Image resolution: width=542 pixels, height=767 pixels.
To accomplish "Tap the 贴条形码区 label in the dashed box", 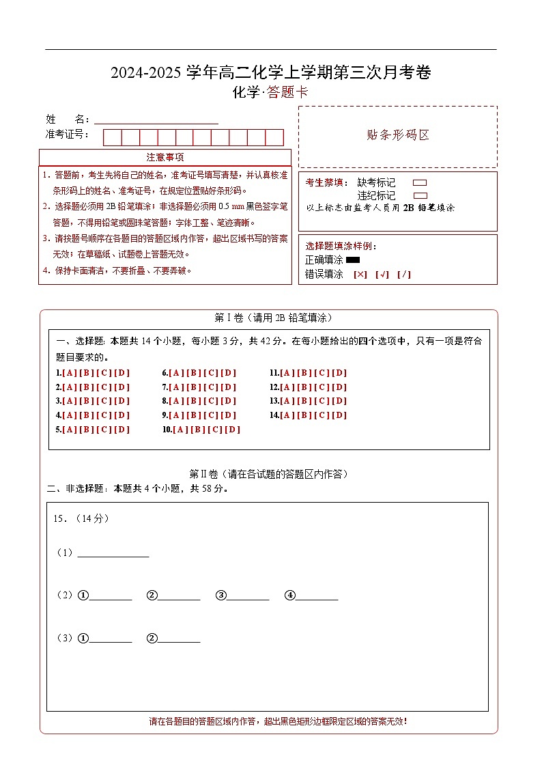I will pyautogui.click(x=398, y=135).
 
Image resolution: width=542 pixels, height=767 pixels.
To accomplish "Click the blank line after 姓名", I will pyautogui.click(x=156, y=119).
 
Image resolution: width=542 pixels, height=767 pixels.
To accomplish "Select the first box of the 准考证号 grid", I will pyautogui.click(x=112, y=137).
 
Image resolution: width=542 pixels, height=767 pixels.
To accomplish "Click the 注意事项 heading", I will pyautogui.click(x=165, y=158).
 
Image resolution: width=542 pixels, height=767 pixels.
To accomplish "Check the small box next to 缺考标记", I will pyautogui.click(x=420, y=183).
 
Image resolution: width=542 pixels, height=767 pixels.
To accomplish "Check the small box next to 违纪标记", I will pyautogui.click(x=420, y=195).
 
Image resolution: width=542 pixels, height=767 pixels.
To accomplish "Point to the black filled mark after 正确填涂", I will pyautogui.click(x=353, y=260).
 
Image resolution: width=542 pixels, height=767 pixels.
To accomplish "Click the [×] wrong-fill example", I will pyautogui.click(x=360, y=275).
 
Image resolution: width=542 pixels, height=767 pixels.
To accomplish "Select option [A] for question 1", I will pyautogui.click(x=70, y=373).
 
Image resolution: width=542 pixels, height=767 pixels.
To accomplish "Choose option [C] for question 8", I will pyautogui.click(x=211, y=402).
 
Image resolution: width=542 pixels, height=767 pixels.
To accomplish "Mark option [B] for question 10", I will pyautogui.click(x=198, y=430).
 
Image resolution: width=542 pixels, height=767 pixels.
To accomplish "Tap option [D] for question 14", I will pyautogui.click(x=339, y=415).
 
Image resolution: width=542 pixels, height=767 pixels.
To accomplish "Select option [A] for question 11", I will pyautogui.click(x=287, y=373).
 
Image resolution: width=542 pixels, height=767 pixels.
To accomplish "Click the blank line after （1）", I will pyautogui.click(x=113, y=553).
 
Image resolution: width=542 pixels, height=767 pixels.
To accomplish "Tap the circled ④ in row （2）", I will pyautogui.click(x=290, y=596).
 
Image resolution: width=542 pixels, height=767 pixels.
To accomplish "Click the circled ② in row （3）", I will pyautogui.click(x=152, y=639).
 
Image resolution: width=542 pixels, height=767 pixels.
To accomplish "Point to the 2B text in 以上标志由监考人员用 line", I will pyautogui.click(x=409, y=208).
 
